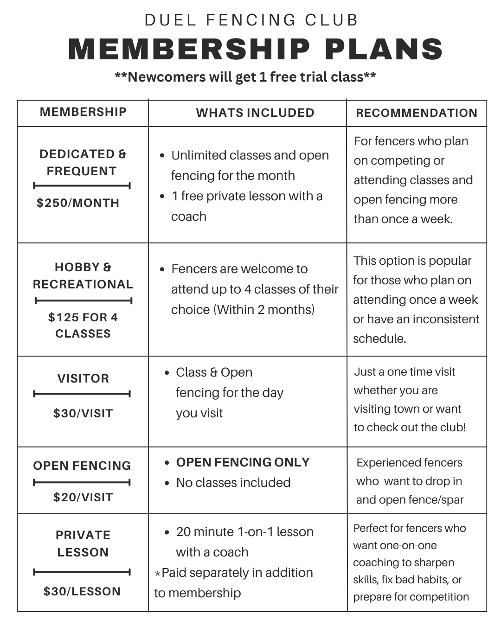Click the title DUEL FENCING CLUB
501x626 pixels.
pos(251,20)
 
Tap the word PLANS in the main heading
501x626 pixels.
pos(384,49)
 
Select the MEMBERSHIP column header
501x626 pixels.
pos(83,112)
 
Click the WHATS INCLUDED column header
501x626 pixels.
pos(255,113)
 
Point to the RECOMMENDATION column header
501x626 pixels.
pos(417,113)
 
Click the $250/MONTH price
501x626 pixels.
pos(78,203)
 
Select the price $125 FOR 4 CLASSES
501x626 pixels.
pos(83,326)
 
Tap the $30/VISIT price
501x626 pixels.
pos(83,413)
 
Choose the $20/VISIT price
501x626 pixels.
pos(83,497)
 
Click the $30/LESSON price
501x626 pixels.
pos(82,591)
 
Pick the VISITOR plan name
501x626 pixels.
pos(83,378)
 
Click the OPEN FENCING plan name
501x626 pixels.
pos(82,466)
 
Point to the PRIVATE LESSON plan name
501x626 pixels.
pos(83,543)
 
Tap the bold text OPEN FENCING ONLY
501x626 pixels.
pos(243,462)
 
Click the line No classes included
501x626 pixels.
pos(233,483)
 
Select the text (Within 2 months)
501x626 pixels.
pos(263,309)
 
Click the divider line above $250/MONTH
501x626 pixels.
pos(82,186)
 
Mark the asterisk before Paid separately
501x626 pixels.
pos(158,574)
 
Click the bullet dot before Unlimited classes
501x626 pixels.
pos(162,156)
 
